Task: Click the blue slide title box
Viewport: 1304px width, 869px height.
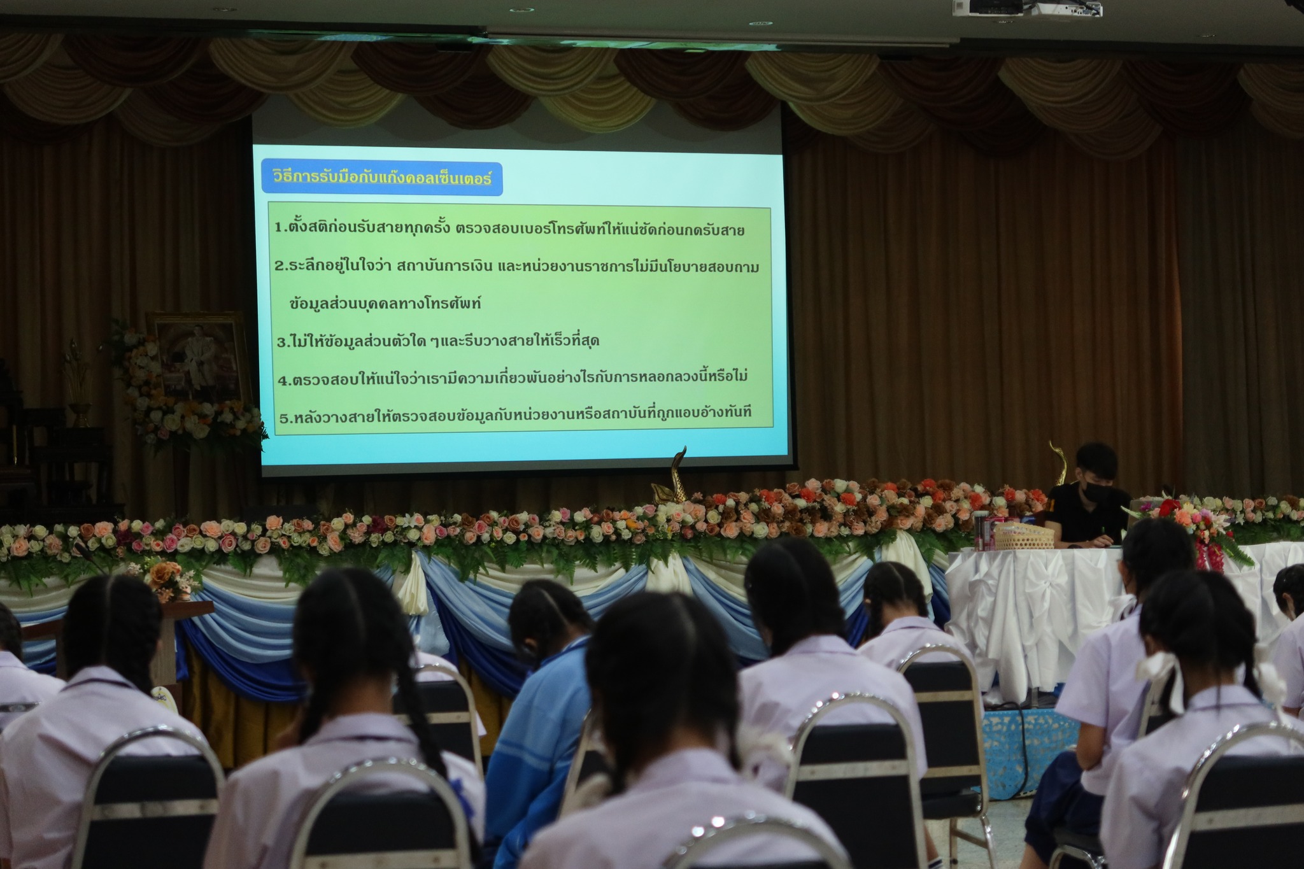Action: [x=382, y=178]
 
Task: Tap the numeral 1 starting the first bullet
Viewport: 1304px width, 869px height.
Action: [x=279, y=228]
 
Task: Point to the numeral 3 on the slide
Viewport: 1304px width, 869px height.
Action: [x=281, y=342]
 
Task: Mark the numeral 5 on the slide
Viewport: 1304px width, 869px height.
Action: [x=285, y=418]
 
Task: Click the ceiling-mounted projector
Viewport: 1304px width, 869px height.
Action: [x=1026, y=8]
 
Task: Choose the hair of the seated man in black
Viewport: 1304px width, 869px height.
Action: [x=1096, y=462]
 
